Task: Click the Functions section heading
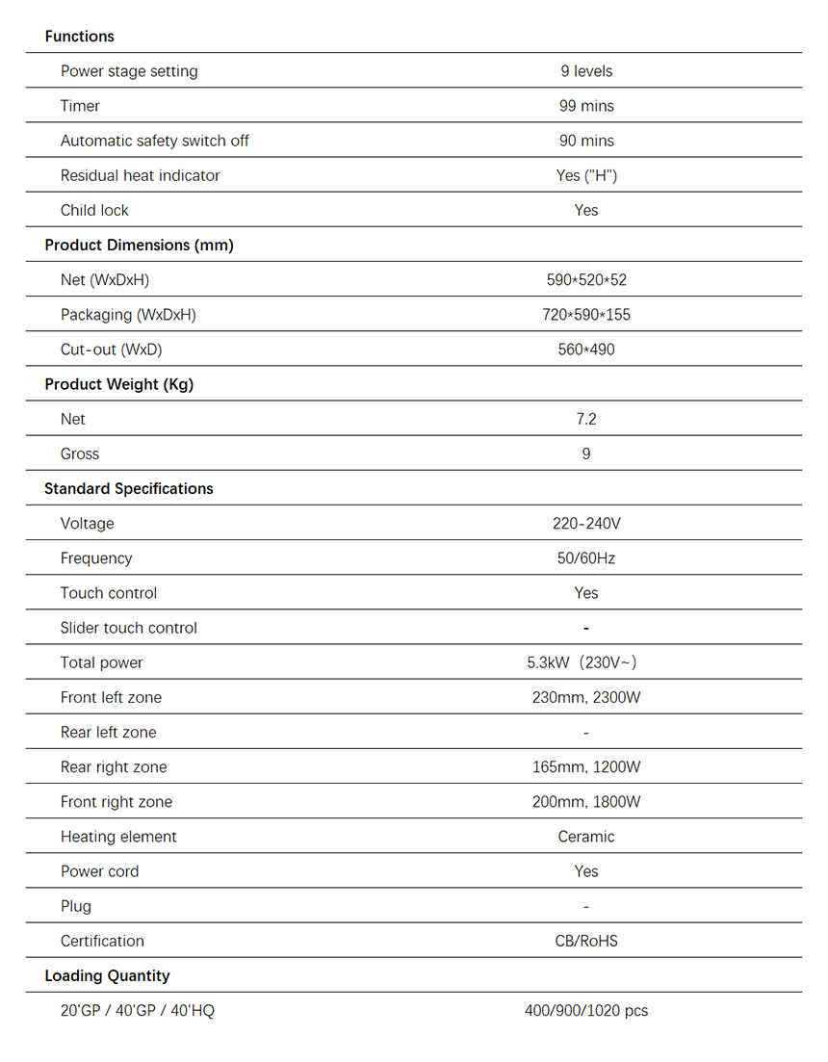(x=79, y=37)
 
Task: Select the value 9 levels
(x=585, y=71)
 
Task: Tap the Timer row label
(x=80, y=106)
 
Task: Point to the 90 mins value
(x=585, y=141)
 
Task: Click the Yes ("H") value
(x=585, y=175)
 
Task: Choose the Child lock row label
(x=94, y=210)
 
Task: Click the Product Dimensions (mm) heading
(x=139, y=245)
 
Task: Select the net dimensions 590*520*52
(x=585, y=280)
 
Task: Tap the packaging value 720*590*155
(x=585, y=315)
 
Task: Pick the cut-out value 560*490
(x=585, y=350)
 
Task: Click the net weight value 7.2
(x=585, y=419)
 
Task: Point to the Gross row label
(x=80, y=453)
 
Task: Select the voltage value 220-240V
(x=585, y=524)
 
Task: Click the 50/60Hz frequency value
(x=585, y=558)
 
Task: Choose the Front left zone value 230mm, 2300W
(x=585, y=697)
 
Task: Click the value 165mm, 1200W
(x=585, y=767)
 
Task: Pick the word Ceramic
(x=585, y=837)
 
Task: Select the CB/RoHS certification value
(x=585, y=941)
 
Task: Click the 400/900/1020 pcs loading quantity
(x=585, y=1011)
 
